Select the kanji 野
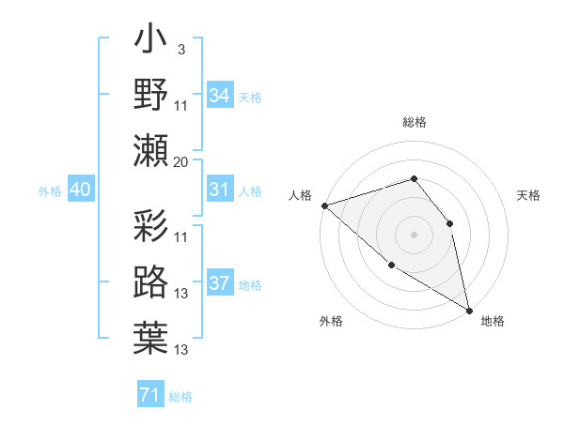(x=150, y=95)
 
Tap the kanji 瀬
(x=150, y=150)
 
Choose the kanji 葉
(x=150, y=338)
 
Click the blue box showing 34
(x=220, y=95)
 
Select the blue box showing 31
(x=220, y=190)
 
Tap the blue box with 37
(x=220, y=283)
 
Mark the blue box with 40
(x=80, y=190)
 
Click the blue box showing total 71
(x=149, y=395)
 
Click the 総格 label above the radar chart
(x=414, y=122)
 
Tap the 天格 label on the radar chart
(x=529, y=195)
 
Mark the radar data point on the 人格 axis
(x=324, y=205)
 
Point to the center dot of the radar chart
(x=414, y=234)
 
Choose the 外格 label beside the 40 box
(x=50, y=191)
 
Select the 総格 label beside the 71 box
(x=180, y=397)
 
